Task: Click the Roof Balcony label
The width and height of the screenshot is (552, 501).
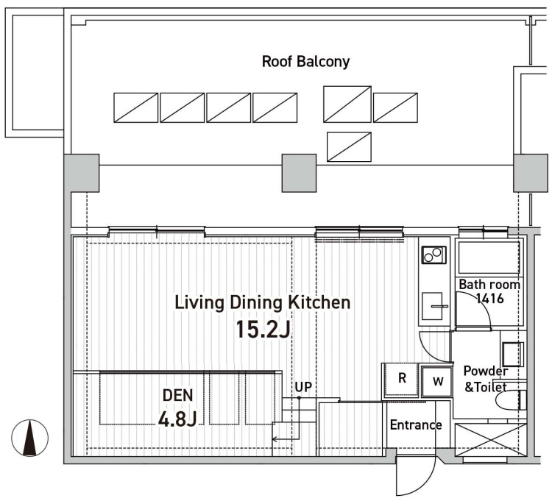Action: click(305, 62)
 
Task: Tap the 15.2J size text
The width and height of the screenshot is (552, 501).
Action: click(263, 330)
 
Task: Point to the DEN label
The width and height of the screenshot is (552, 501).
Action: click(178, 396)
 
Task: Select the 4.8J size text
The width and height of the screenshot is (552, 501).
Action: click(177, 419)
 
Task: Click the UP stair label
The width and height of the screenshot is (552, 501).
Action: click(303, 387)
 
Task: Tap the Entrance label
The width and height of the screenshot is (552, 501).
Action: click(416, 425)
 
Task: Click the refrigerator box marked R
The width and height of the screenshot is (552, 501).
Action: click(401, 380)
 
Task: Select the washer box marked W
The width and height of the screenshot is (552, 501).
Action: click(437, 381)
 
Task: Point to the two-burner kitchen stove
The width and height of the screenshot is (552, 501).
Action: click(434, 255)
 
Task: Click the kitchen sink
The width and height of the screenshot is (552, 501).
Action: click(432, 306)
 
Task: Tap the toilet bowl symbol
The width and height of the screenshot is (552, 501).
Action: click(511, 400)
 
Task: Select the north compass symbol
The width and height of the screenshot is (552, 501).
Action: click(30, 438)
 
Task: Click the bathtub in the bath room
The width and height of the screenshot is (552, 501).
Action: click(489, 257)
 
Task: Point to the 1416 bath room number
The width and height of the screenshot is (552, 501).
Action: click(489, 299)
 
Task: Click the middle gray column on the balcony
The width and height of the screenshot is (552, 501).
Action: click(300, 173)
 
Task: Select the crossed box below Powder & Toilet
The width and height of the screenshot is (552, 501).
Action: click(490, 440)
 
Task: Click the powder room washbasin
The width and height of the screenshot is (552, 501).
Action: click(512, 354)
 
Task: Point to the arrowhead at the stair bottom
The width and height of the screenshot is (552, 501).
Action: click(275, 439)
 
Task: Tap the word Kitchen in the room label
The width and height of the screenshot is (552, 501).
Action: click(319, 303)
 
